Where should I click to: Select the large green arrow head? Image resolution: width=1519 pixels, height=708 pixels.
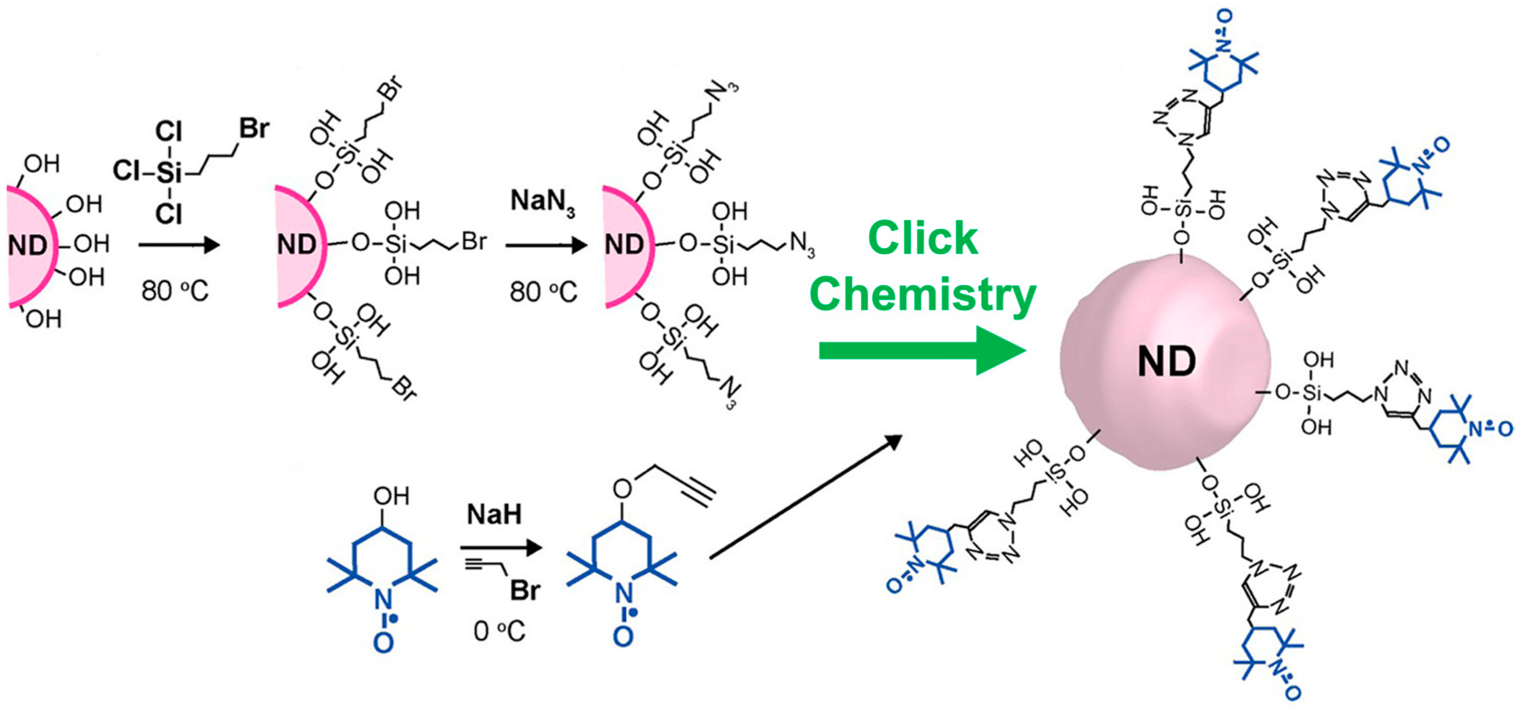pyautogui.click(x=1001, y=350)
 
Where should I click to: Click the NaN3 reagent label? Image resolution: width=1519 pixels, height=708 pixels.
pyautogui.click(x=542, y=201)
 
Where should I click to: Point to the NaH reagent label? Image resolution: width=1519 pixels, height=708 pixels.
pyautogui.click(x=494, y=515)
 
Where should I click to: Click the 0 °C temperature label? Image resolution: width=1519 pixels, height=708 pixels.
pyautogui.click(x=499, y=631)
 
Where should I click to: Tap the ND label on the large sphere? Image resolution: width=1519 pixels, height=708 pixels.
pyautogui.click(x=1167, y=361)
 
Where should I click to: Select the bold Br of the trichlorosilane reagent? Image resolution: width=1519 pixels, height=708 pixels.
pyautogui.click(x=254, y=128)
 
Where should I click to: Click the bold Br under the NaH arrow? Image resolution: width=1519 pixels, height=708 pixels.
pyautogui.click(x=525, y=590)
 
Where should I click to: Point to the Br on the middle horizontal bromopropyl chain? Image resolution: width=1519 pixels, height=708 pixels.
pyautogui.click(x=474, y=242)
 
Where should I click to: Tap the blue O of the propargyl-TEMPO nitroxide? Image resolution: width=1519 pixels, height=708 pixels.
pyautogui.click(x=623, y=637)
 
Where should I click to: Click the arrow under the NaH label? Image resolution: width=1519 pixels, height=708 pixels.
pyautogui.click(x=501, y=548)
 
